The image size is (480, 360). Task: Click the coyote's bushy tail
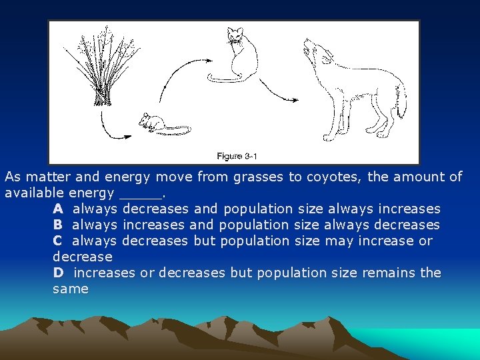pos(400,100)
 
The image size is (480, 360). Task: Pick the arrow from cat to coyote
pos(277,90)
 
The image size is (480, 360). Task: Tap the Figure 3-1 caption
pos(237,156)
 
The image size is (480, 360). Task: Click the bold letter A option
pos(58,209)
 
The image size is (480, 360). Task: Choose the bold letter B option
pos(58,225)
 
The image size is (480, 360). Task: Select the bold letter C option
pos(58,241)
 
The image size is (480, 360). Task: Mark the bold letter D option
pos(58,273)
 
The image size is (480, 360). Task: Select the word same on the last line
pos(70,289)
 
